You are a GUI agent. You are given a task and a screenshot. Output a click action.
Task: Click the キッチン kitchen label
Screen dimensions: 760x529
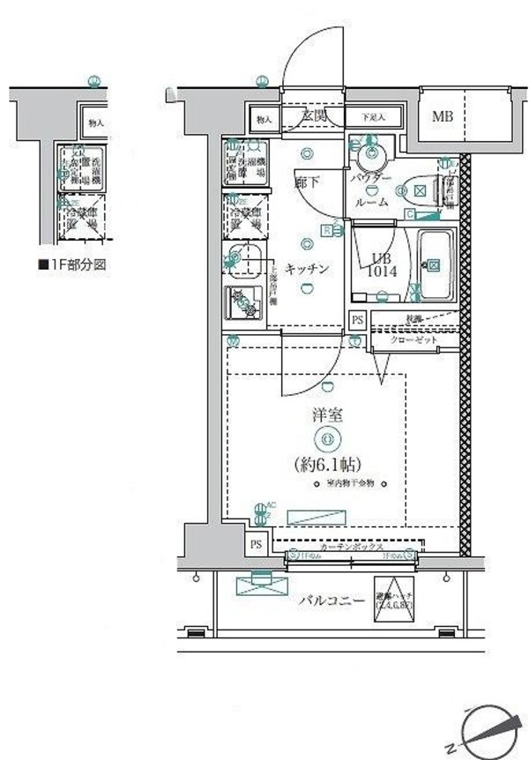(309, 269)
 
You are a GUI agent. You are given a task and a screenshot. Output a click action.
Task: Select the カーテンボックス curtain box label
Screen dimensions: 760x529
(351, 548)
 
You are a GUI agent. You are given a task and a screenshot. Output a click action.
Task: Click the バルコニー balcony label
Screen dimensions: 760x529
(331, 601)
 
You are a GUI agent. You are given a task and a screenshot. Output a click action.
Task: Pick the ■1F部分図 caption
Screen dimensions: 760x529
(72, 264)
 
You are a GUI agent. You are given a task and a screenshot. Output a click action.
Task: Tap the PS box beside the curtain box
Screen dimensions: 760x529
(257, 543)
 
